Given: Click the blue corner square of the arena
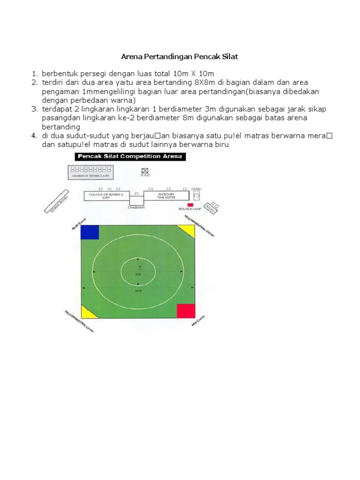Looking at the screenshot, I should pyautogui.click(x=90, y=232).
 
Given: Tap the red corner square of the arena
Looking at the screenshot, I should pyautogui.click(x=186, y=311).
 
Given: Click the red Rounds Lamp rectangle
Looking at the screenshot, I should pyautogui.click(x=190, y=205).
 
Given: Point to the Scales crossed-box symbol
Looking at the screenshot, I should pyautogui.click(x=145, y=171).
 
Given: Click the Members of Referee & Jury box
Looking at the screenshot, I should pyautogui.click(x=95, y=172).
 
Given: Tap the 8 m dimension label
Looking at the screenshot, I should pyautogui.click(x=137, y=275).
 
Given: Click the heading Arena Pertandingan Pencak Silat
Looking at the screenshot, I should pyautogui.click(x=180, y=57).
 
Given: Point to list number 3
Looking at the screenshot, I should pyautogui.click(x=34, y=109).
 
